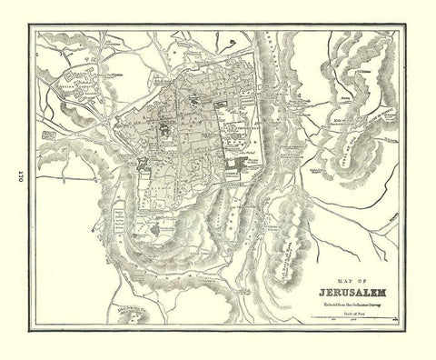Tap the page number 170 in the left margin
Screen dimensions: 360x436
pos(15,180)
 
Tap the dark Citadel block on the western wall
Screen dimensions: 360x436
pos(144,164)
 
